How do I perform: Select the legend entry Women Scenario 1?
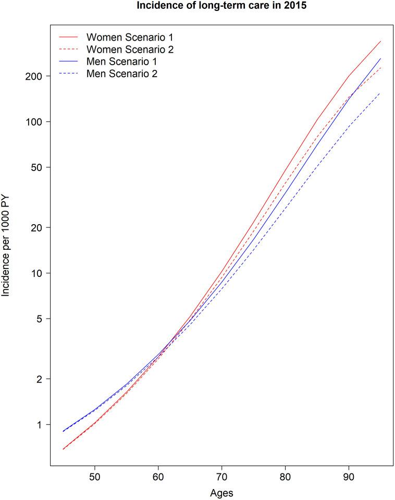(x=130, y=38)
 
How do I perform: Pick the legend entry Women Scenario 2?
(x=130, y=50)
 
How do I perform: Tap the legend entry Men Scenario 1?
(x=122, y=62)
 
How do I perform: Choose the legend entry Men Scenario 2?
(x=122, y=74)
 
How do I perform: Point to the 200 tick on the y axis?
(x=34, y=76)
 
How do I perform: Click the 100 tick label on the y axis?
(x=34, y=122)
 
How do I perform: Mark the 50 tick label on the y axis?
(x=37, y=167)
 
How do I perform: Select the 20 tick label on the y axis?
(x=37, y=228)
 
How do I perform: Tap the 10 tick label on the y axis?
(x=37, y=273)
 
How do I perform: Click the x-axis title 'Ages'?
(x=221, y=493)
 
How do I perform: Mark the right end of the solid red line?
(x=380, y=41)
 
